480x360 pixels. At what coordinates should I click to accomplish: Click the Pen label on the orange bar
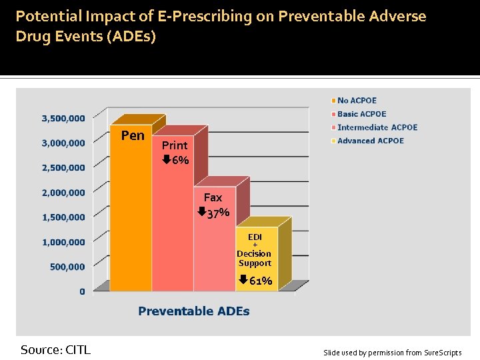[133, 135]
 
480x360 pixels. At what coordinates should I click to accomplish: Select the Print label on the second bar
[175, 145]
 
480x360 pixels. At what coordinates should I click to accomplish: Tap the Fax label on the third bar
[213, 197]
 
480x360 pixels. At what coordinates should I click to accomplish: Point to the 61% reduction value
[261, 281]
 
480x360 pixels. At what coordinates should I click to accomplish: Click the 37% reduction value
[219, 213]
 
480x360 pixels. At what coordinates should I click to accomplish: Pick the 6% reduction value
[180, 160]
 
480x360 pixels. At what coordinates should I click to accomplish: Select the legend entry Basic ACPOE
[361, 114]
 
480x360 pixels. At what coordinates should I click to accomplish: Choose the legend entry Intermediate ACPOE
[377, 127]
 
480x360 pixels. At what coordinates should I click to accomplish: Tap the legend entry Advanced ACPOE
[370, 141]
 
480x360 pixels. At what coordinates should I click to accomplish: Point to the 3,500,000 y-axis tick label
[63, 118]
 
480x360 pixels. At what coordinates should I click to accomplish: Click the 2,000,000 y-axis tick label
[63, 192]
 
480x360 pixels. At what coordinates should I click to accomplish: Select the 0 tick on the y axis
[82, 291]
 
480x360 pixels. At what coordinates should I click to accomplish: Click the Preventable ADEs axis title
[194, 311]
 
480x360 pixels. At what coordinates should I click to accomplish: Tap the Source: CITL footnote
[55, 349]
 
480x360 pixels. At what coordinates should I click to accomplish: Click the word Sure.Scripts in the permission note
[442, 353]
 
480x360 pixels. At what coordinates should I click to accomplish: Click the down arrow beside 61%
[243, 280]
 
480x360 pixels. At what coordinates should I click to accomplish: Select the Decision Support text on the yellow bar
[254, 258]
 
